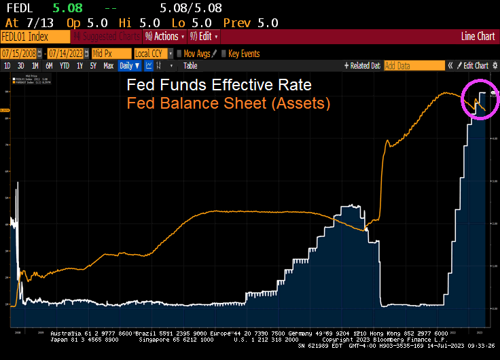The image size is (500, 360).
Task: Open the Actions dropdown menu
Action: click(162, 37)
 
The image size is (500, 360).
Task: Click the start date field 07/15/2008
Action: click(18, 53)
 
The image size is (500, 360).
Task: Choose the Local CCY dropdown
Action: click(153, 53)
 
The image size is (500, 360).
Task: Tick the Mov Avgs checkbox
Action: click(179, 54)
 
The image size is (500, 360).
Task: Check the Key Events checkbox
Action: click(224, 54)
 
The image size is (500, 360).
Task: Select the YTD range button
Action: click(65, 66)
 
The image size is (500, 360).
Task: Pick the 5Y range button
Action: click(93, 66)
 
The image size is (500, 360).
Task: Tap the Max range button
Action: click(108, 66)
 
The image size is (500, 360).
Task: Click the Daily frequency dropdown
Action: click(129, 66)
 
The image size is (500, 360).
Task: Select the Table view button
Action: click(190, 66)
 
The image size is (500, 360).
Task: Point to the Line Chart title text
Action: click(478, 37)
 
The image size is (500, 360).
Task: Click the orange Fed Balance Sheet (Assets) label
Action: click(228, 103)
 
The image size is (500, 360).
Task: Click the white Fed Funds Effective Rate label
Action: click(219, 86)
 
